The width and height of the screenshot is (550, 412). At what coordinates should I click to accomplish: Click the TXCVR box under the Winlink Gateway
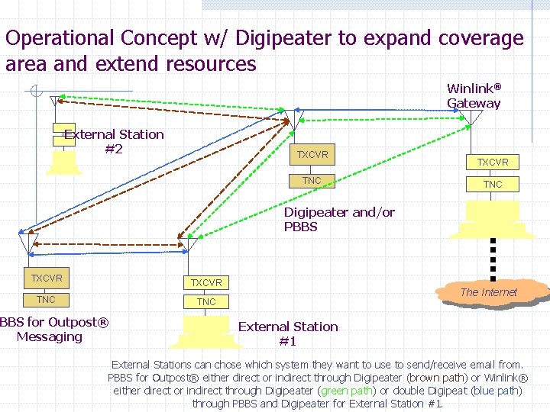click(x=493, y=162)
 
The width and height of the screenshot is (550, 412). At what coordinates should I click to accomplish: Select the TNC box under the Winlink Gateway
click(x=493, y=184)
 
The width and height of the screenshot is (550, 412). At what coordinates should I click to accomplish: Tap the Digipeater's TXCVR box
click(x=312, y=155)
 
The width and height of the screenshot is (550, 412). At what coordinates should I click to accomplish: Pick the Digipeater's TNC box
click(x=312, y=181)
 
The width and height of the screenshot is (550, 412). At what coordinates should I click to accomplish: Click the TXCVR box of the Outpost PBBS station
click(x=47, y=278)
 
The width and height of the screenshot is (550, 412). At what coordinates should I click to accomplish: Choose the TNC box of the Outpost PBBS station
click(x=47, y=300)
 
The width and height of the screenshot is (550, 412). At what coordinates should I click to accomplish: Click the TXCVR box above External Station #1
click(x=206, y=282)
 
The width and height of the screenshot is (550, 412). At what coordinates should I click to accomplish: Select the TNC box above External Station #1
click(x=206, y=302)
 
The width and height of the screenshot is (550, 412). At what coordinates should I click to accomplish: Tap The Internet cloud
click(x=489, y=292)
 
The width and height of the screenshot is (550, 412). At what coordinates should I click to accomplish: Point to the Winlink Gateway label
click(x=474, y=95)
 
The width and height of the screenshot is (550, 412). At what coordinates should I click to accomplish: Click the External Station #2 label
click(x=114, y=141)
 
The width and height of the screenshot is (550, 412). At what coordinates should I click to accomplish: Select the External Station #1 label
click(x=288, y=333)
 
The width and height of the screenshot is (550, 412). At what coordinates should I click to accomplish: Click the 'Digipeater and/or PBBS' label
click(x=339, y=220)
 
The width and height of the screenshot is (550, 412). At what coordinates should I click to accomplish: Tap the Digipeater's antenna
click(x=297, y=117)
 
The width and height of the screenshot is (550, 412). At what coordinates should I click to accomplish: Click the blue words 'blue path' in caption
click(x=496, y=391)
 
